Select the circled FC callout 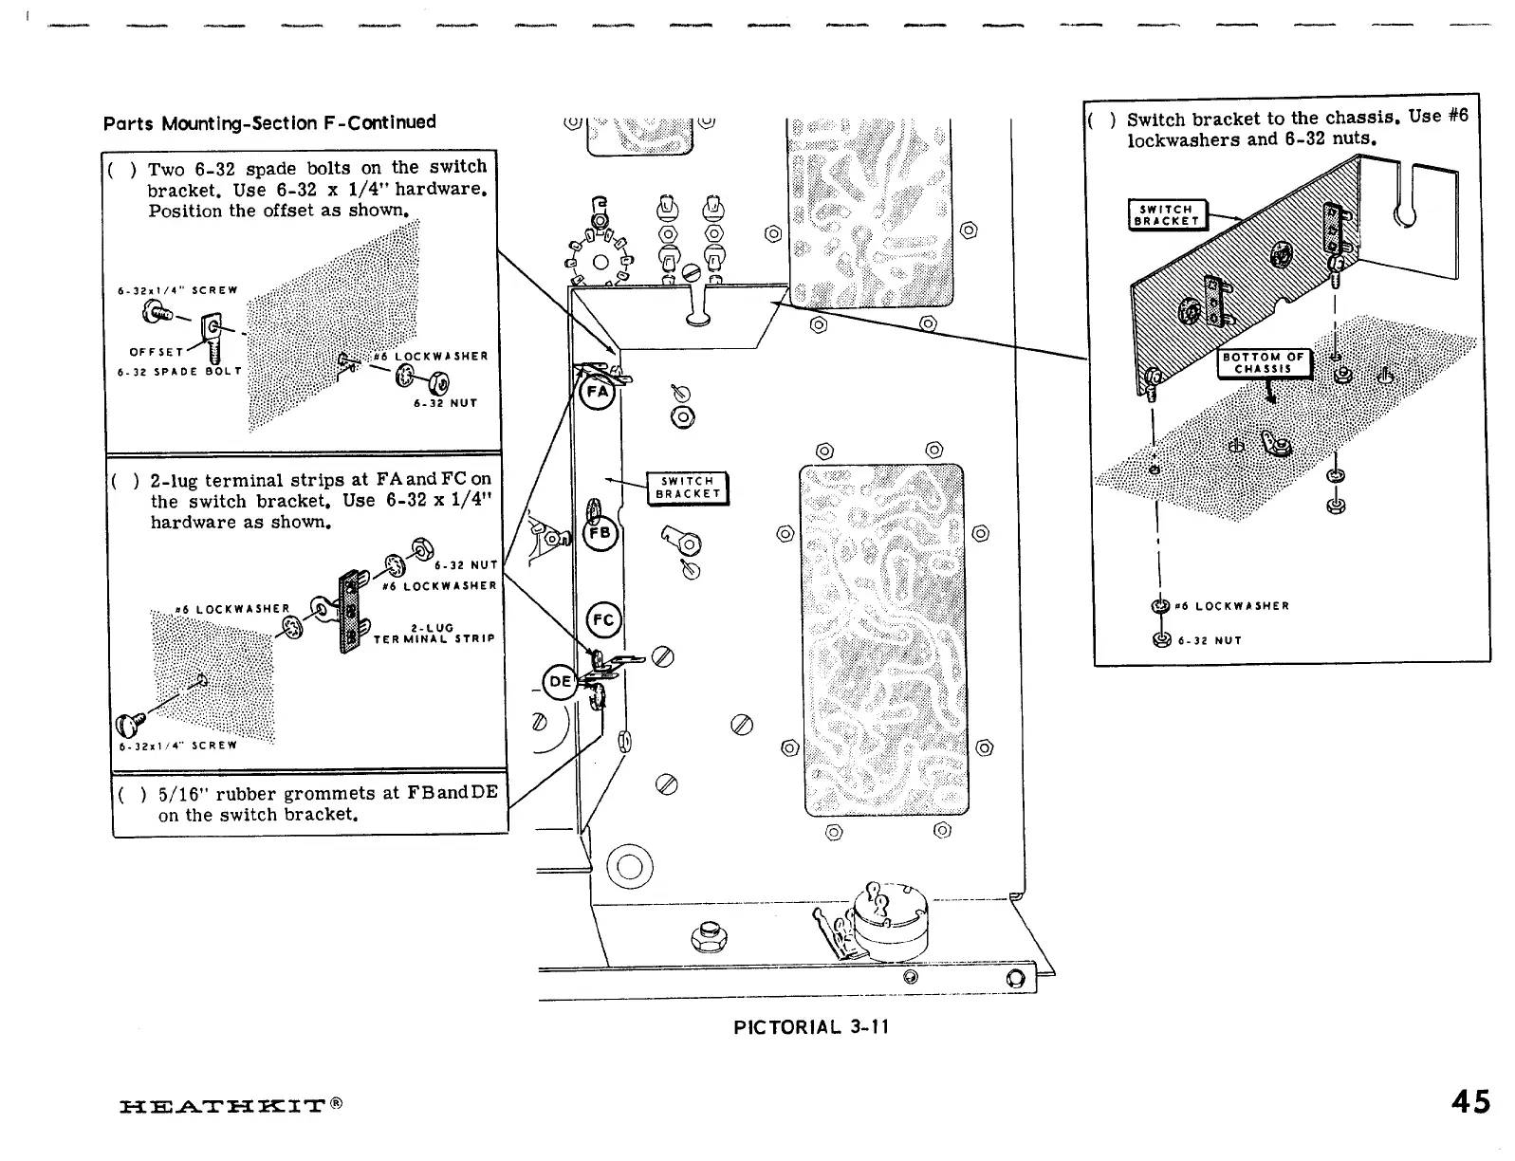(x=604, y=620)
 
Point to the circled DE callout (x=560, y=681)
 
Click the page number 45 (x=1469, y=1102)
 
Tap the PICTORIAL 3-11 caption (x=811, y=1026)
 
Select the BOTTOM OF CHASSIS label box (x=1264, y=363)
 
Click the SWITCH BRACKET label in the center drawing (x=687, y=488)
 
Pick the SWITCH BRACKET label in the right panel (x=1166, y=215)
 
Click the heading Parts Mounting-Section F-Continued (x=269, y=123)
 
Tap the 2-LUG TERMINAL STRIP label (x=434, y=634)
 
